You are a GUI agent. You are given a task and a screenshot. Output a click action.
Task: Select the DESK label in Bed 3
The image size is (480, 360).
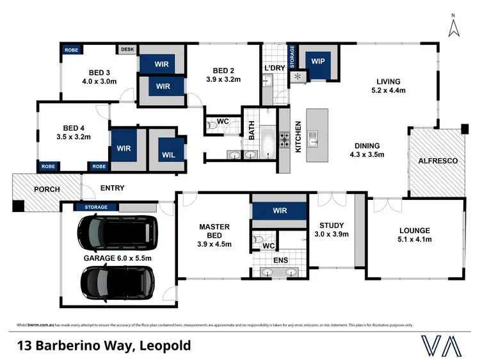pos(126,49)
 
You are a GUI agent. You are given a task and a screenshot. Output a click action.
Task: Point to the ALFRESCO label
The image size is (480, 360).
pos(437,161)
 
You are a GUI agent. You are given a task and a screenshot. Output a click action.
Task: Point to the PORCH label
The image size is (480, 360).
pos(47,190)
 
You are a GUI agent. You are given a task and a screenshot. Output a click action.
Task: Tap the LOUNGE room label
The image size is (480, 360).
pos(415,231)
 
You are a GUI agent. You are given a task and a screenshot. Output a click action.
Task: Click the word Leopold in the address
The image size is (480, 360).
pos(164,346)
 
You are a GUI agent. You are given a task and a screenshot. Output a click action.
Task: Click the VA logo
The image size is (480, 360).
pos(442,345)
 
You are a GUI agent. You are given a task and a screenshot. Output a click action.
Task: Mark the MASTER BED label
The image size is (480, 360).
pos(214,231)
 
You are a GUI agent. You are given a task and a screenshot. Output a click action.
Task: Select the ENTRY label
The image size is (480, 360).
pos(112,188)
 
